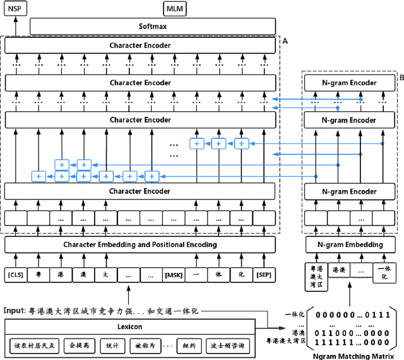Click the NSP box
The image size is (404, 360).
click(x=13, y=8)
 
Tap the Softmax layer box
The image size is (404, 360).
click(x=153, y=27)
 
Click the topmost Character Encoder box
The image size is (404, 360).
click(x=140, y=45)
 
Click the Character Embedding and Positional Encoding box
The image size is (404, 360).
click(x=140, y=244)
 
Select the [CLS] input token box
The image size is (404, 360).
click(x=16, y=275)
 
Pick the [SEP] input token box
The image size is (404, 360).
click(x=264, y=275)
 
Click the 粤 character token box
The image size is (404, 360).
click(x=39, y=275)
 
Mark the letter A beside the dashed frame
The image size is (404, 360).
click(x=285, y=40)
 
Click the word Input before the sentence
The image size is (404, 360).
click(x=13, y=311)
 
